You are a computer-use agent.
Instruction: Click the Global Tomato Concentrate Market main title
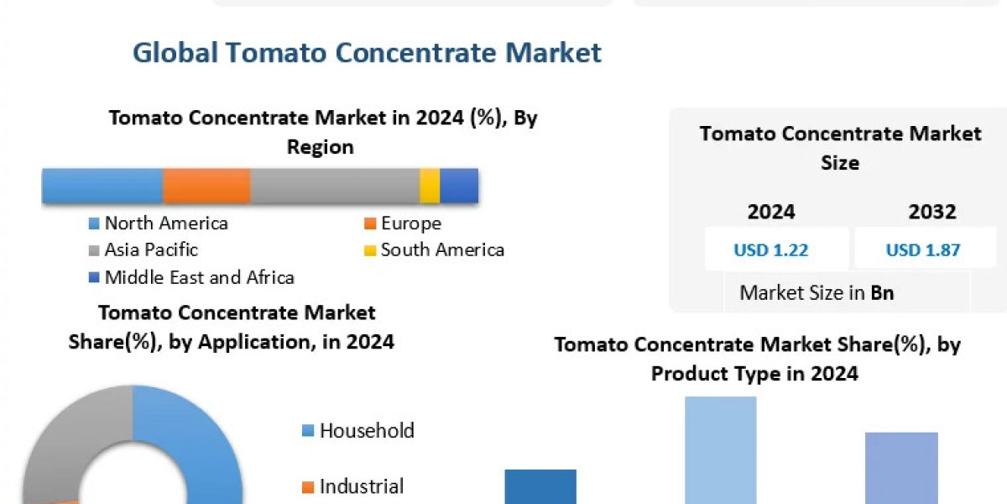coord(367,53)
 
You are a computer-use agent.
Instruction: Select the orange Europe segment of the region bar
coord(206,185)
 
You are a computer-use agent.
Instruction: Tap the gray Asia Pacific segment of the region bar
coord(335,185)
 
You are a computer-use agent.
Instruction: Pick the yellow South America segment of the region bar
coord(430,185)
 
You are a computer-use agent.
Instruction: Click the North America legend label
coord(166,223)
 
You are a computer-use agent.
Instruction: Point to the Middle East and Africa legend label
coord(199,277)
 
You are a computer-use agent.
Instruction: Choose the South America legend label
coord(442,249)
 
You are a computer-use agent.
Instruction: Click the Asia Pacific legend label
coord(151,249)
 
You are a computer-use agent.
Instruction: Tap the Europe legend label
coord(410,223)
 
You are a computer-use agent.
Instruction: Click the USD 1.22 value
coord(771,249)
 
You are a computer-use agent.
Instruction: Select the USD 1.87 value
coord(923,249)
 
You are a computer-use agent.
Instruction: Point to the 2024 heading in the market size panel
coord(771,212)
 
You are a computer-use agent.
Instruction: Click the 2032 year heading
coord(931,212)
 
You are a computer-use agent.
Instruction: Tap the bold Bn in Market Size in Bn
coord(882,293)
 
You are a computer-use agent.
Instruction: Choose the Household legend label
coord(367,431)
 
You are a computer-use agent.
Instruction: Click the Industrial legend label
coord(362,486)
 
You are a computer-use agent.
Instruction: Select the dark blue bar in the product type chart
coord(540,487)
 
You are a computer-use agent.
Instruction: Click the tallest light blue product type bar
coord(721,450)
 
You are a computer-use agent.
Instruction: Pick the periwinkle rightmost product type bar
coord(901,468)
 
